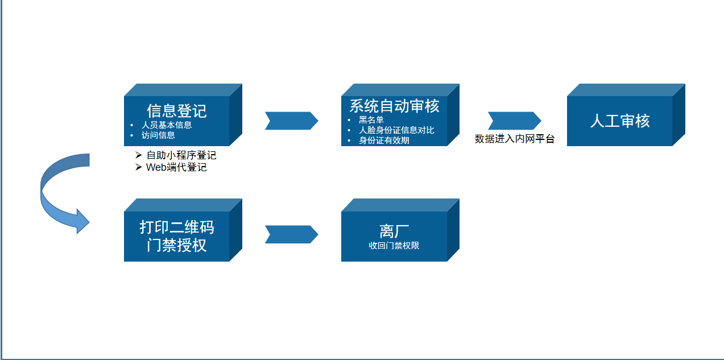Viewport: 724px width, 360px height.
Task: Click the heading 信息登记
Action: [176, 111]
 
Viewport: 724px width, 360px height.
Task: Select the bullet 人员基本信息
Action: [167, 125]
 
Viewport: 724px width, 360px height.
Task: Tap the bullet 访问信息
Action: [158, 135]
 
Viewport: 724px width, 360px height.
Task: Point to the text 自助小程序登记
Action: [181, 155]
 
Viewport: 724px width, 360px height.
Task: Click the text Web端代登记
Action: [176, 167]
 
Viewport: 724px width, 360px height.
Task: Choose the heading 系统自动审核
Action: [394, 106]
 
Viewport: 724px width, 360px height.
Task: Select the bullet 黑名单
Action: [371, 120]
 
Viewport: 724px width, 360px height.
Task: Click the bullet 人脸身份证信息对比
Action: [396, 130]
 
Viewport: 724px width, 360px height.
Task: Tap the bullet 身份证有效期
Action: [384, 140]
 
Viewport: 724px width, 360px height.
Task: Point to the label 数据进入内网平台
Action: [515, 139]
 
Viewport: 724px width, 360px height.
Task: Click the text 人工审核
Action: [620, 121]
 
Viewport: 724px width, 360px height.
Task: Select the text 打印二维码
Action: [176, 227]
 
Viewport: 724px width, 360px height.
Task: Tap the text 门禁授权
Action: [176, 245]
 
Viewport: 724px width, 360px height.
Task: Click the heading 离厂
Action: [394, 231]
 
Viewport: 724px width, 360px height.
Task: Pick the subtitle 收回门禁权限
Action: [394, 246]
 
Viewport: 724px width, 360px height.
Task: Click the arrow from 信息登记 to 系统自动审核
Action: [292, 121]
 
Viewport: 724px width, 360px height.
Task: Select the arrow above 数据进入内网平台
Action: [515, 121]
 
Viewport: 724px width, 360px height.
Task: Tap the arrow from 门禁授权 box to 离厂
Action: [292, 234]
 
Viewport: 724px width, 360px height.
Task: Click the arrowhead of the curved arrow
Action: [82, 222]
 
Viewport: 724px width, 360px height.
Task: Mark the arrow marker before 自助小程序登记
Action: [139, 155]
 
